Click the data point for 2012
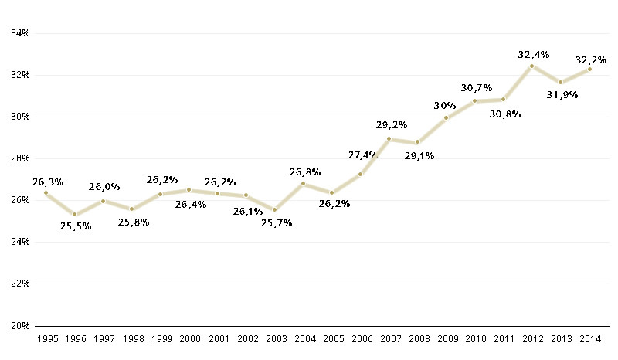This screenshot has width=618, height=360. pos(531,66)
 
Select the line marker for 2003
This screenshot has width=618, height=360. pos(274,209)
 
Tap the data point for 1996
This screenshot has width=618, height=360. pos(74,215)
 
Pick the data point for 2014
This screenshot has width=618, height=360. pos(589,70)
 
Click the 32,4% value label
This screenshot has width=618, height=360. pos(533,55)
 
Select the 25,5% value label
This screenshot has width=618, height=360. pos(76,226)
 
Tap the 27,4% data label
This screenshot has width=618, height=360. pos(362,155)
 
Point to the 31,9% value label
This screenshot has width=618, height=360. pos(562,94)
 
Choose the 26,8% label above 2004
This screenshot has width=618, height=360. pos(304,172)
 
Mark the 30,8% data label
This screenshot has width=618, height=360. pos(504,114)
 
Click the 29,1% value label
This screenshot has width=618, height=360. pos(419,155)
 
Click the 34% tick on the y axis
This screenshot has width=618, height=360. pos(19,33)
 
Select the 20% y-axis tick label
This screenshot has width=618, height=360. pos(19,325)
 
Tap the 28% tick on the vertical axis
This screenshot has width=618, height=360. pos(19,158)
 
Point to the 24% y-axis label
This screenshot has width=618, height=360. pos(19,242)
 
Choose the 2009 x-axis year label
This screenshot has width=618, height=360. pos(446,339)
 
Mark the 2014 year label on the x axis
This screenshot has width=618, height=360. pos(589,339)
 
